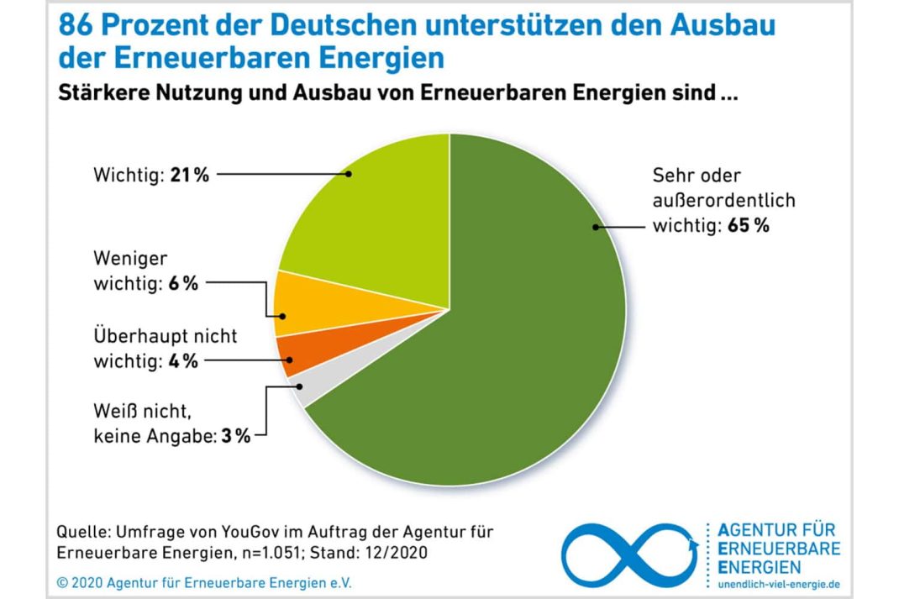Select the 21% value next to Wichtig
click(x=190, y=175)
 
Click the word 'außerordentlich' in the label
click(x=723, y=201)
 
